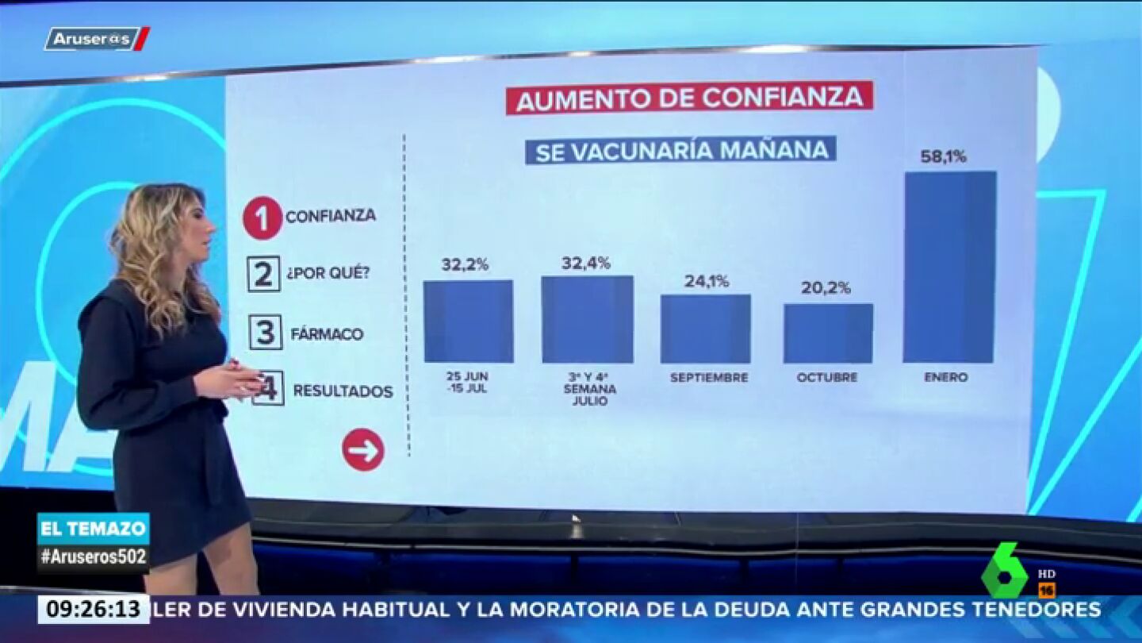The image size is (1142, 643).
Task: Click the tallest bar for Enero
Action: click(x=949, y=267)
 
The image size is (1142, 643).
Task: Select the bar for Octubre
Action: click(x=828, y=333)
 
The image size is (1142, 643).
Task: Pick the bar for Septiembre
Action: click(x=705, y=329)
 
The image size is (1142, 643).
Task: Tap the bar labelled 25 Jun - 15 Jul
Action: click(x=468, y=321)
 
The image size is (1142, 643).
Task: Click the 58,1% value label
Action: click(x=943, y=156)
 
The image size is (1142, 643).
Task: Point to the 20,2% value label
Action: click(x=826, y=287)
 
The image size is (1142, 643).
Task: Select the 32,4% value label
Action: click(x=586, y=263)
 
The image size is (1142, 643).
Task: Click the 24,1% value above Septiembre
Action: click(x=707, y=280)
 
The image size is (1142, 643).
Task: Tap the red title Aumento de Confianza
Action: click(x=689, y=98)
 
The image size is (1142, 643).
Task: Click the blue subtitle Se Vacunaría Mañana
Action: click(x=680, y=150)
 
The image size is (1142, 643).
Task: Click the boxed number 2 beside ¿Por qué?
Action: click(x=263, y=274)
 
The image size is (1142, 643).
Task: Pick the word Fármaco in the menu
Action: click(x=327, y=334)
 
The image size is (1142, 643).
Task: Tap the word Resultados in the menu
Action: click(x=343, y=391)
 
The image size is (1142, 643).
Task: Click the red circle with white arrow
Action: click(x=363, y=450)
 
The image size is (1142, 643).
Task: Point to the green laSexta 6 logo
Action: click(x=1005, y=570)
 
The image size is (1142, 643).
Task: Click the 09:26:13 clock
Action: click(x=93, y=610)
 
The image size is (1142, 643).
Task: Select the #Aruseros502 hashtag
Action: click(x=93, y=556)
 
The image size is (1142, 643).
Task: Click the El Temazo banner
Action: click(x=93, y=528)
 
